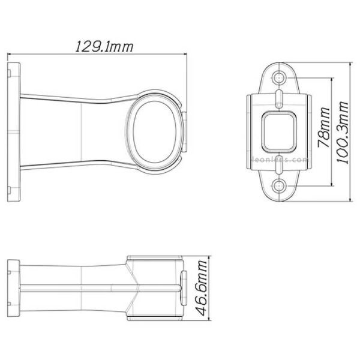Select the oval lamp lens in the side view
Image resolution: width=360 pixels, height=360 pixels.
[154, 127]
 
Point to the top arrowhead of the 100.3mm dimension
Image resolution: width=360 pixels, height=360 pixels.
[351, 62]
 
